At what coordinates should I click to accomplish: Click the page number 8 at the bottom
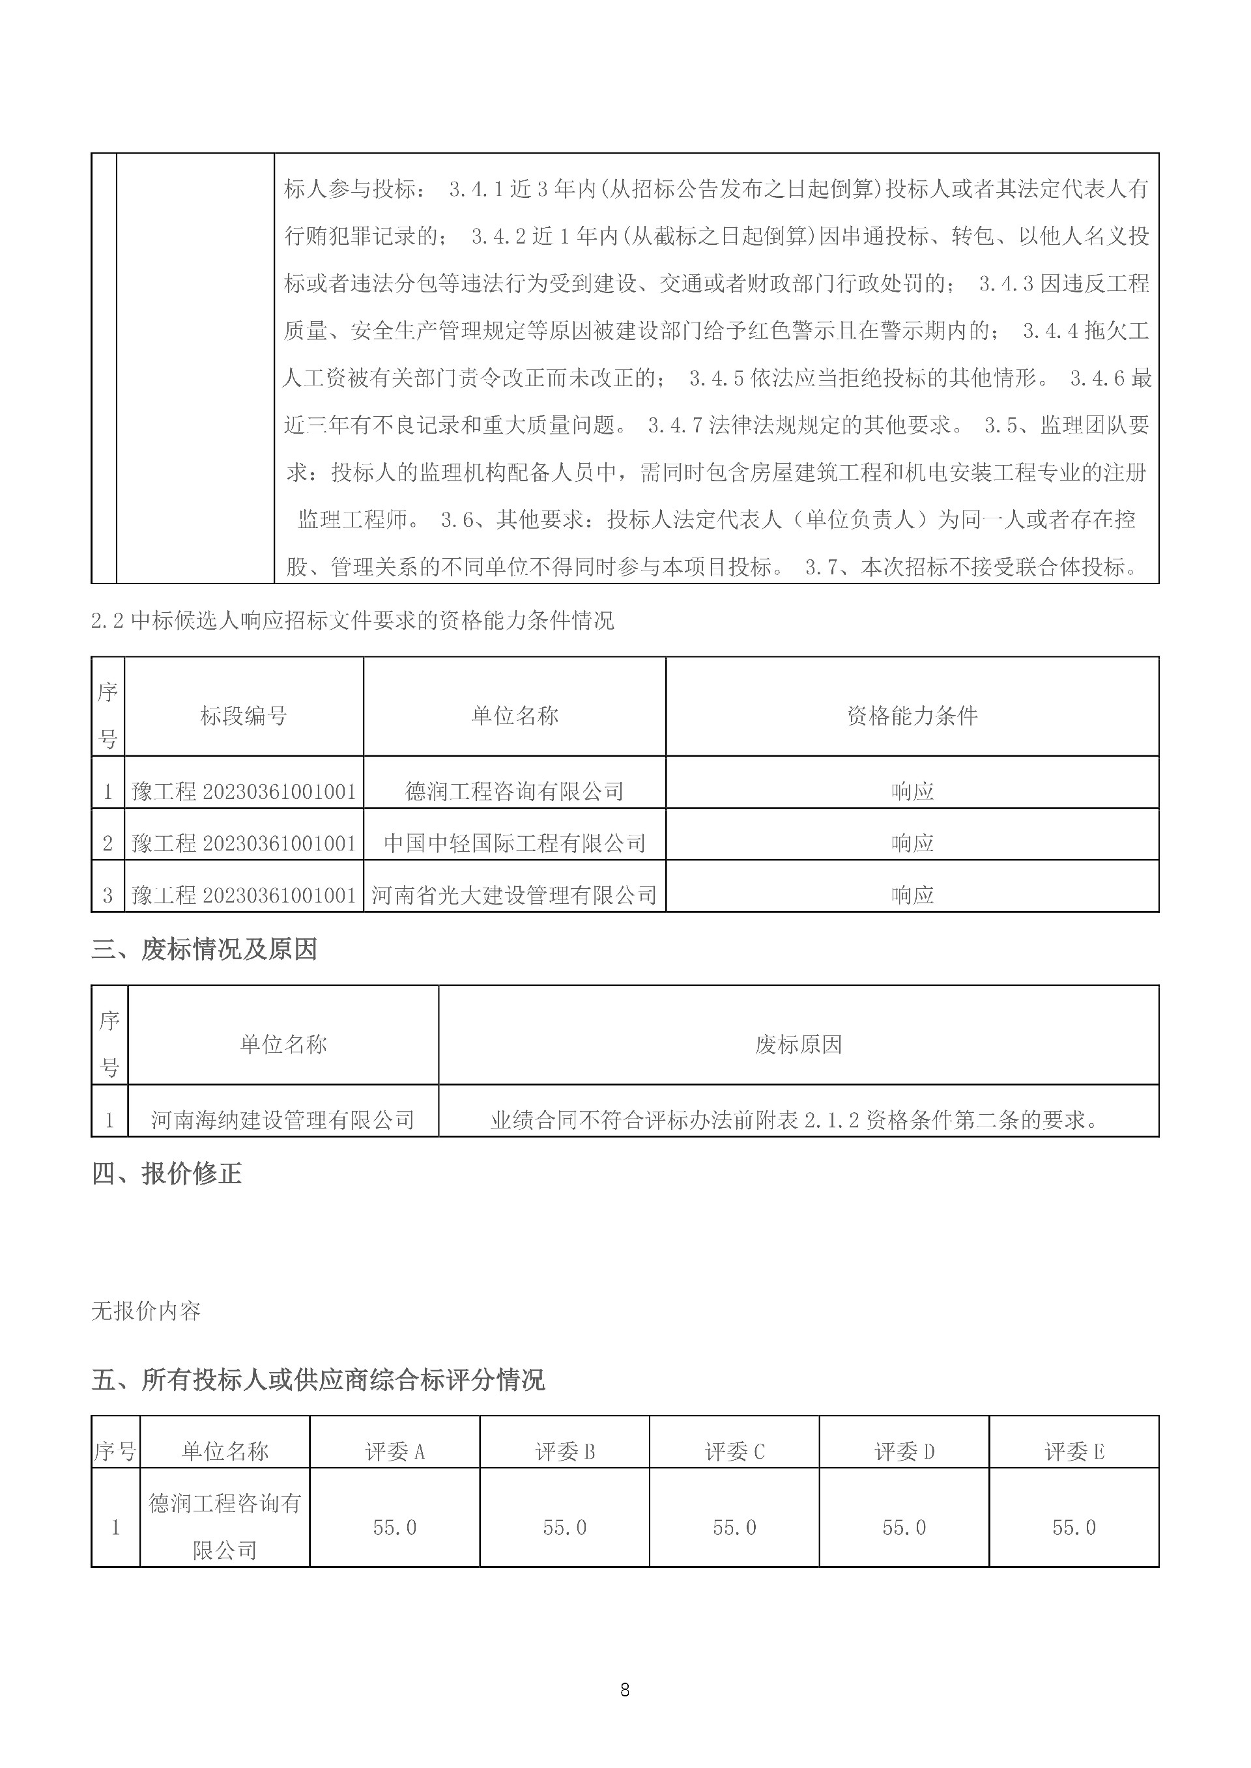(624, 1689)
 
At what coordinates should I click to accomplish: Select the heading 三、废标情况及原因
(204, 949)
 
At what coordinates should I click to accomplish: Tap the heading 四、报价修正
(166, 1173)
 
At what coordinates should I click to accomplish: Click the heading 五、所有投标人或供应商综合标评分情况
(317, 1379)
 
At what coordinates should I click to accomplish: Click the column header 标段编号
(244, 716)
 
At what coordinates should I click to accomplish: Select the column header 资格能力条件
(912, 716)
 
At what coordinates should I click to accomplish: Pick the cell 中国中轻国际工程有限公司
(514, 843)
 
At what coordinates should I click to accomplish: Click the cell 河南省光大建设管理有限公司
(514, 895)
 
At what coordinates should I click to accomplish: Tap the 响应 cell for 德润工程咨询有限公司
(912, 791)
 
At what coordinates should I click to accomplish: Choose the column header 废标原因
(798, 1045)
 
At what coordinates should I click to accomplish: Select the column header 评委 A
(394, 1452)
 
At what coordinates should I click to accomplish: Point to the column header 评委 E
(1074, 1452)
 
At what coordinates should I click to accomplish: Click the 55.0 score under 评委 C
(734, 1528)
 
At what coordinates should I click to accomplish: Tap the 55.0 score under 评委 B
(565, 1528)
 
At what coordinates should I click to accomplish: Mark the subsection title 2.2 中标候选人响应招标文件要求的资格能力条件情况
(352, 621)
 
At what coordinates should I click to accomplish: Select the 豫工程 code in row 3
(244, 895)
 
